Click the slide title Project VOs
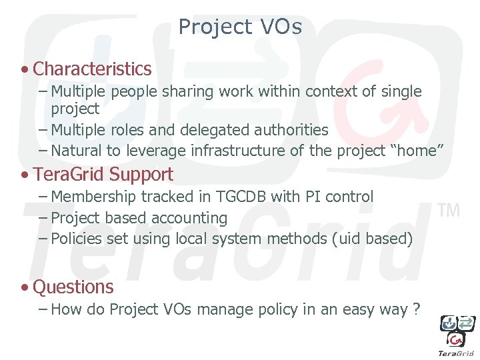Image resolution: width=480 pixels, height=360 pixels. click(240, 27)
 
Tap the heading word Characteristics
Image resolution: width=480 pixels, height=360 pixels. click(92, 69)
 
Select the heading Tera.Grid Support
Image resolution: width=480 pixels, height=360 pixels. click(103, 175)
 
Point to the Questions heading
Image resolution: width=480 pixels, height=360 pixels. click(73, 287)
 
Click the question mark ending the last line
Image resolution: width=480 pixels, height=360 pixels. click(416, 309)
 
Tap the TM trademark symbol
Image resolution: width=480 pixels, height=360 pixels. click(449, 211)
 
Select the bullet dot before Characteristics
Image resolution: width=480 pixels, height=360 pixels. click(24, 69)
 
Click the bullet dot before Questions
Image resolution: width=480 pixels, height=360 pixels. click(24, 288)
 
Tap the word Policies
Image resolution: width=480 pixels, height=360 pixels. click(76, 239)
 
